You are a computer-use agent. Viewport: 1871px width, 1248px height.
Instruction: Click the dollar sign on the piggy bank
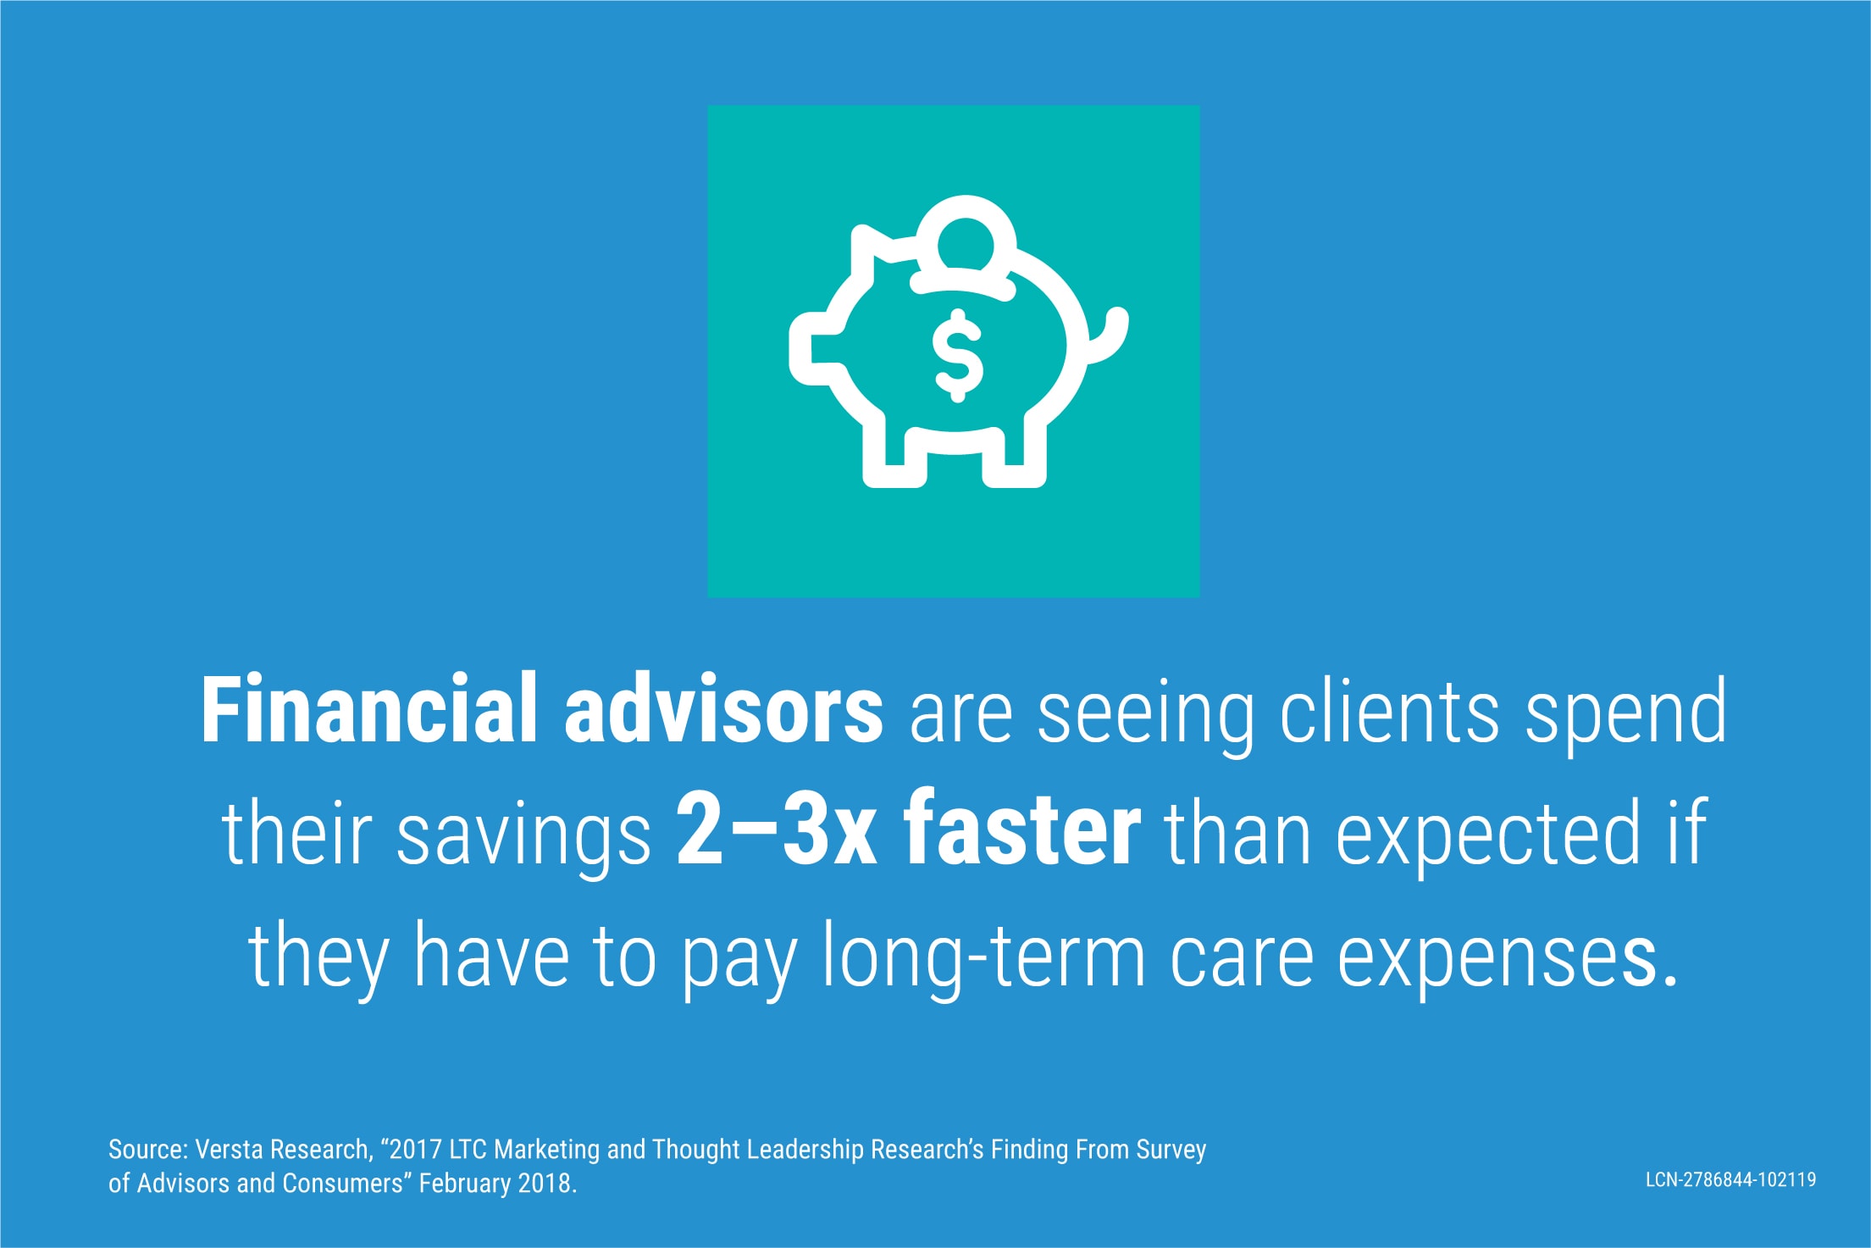pyautogui.click(x=957, y=356)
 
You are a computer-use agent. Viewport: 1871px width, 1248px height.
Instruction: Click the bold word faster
pyautogui.click(x=1022, y=830)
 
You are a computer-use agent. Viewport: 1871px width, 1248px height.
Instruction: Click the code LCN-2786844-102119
pyautogui.click(x=1730, y=1179)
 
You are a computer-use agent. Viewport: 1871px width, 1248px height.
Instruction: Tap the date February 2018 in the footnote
pyautogui.click(x=497, y=1183)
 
